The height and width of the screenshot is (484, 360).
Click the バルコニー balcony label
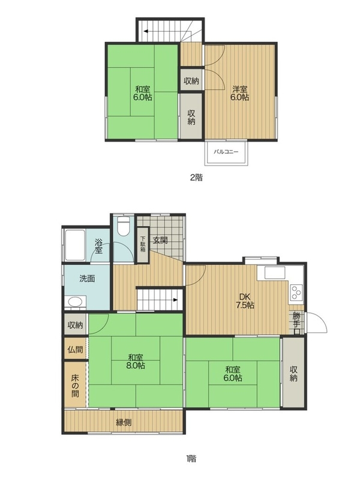[226, 152]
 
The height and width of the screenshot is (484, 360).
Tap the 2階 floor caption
[196, 178]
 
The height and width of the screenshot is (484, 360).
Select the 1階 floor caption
[191, 458]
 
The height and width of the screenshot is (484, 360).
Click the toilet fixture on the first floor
[124, 226]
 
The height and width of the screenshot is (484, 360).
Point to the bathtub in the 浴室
[75, 245]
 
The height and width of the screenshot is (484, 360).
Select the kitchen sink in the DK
[274, 273]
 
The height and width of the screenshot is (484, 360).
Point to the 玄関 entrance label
[161, 240]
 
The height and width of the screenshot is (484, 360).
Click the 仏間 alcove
[75, 349]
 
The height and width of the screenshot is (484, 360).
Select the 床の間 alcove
[75, 385]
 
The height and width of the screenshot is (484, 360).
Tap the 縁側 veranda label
[124, 422]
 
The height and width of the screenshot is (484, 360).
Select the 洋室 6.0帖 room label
[241, 93]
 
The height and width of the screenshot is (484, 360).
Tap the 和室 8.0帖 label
[136, 362]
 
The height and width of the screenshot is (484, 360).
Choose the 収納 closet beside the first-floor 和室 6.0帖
[293, 373]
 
